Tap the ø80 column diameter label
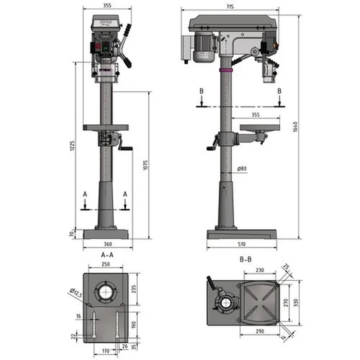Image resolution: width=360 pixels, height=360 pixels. click(x=241, y=168)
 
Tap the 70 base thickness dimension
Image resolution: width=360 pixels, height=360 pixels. click(x=72, y=234)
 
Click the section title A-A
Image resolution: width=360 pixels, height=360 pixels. click(x=107, y=255)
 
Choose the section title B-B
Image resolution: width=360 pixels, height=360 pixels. click(x=245, y=260)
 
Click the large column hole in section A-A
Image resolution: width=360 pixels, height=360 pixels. click(x=106, y=291)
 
